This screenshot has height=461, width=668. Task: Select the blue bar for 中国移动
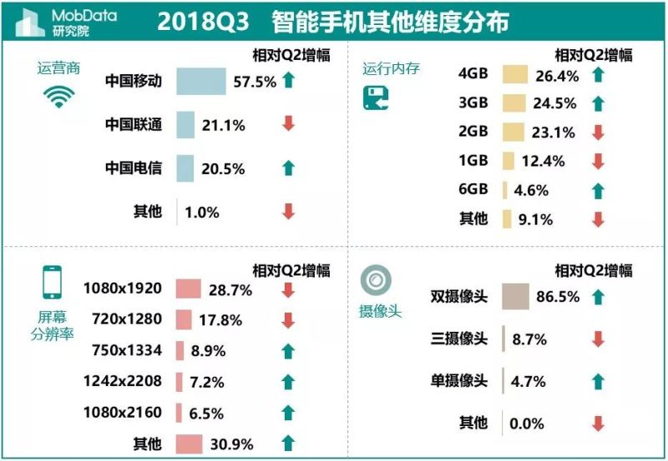point(200,82)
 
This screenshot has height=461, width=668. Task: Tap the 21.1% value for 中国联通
point(223,125)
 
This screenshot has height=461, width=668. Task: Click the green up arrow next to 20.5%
point(288,168)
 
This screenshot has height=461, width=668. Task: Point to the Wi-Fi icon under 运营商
point(58,98)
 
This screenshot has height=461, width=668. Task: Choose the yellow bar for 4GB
point(515,75)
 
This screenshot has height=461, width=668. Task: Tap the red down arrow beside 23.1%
point(597,132)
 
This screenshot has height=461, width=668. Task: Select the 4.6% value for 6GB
point(531,190)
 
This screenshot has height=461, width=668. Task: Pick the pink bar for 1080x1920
point(190,289)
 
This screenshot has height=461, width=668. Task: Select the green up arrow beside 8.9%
point(288,350)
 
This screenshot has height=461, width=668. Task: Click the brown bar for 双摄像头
point(515,296)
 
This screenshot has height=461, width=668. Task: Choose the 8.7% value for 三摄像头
point(529,339)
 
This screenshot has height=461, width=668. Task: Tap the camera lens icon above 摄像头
point(375,281)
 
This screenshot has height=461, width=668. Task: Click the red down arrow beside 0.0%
point(597,423)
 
